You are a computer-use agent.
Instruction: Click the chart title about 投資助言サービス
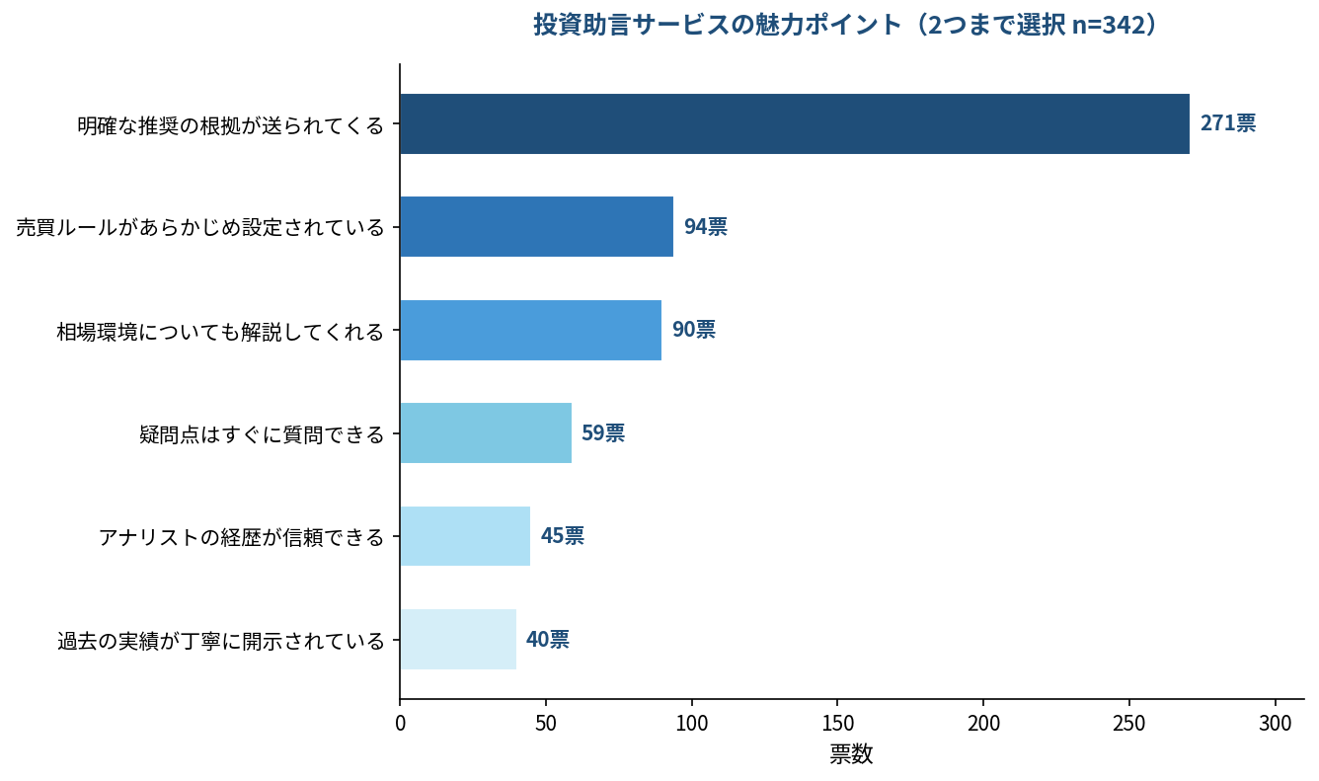844,25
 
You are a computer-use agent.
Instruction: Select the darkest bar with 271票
794,124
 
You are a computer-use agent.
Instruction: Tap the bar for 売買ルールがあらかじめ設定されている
536,227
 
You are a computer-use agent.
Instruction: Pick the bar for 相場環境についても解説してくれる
530,330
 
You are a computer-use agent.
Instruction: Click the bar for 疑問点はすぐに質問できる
485,433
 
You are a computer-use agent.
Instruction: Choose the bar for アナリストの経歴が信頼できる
464,536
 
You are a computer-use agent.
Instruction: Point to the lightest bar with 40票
457,639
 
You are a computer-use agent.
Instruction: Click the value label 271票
1227,124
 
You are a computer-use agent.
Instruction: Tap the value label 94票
705,227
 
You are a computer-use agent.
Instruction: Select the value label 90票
693,330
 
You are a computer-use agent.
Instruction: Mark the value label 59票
602,433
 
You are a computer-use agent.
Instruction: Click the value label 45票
562,536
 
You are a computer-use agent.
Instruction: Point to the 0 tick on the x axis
400,723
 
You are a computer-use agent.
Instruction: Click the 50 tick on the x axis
546,723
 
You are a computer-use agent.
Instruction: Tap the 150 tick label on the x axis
837,723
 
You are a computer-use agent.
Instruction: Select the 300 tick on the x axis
1276,723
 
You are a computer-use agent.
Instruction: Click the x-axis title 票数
851,755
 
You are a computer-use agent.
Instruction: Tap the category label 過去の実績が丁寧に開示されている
220,641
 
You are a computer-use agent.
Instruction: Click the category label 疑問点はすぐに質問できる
262,434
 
